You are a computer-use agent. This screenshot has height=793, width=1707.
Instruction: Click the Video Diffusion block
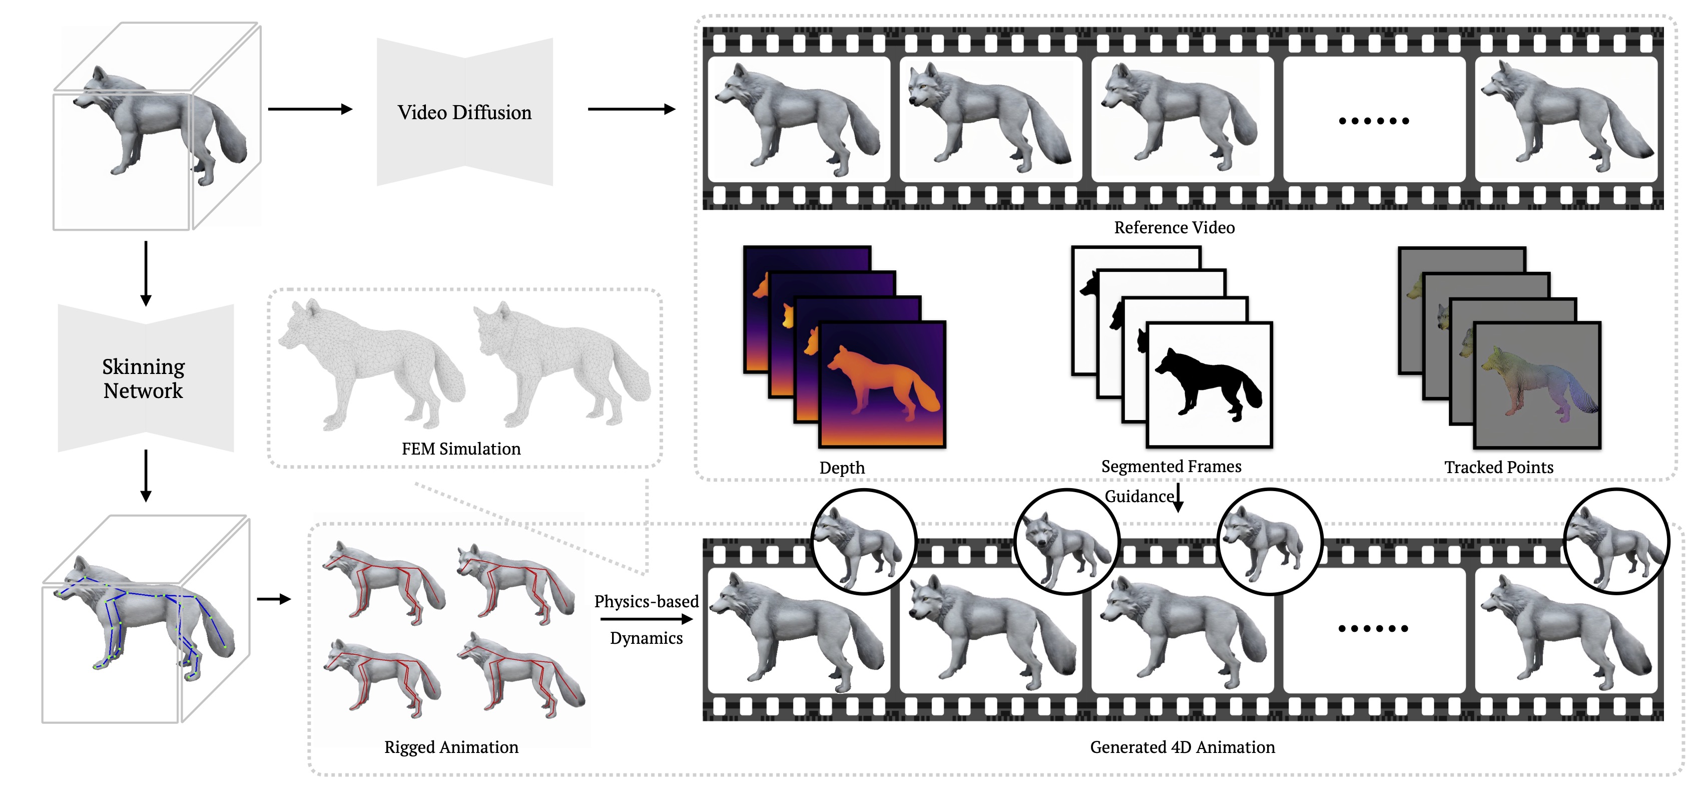464,112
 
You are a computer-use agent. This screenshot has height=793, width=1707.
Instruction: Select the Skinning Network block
145,378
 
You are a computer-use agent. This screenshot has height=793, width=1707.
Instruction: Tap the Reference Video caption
1174,227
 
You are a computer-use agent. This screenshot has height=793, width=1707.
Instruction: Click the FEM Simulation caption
461,449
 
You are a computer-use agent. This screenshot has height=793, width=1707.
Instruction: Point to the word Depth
842,468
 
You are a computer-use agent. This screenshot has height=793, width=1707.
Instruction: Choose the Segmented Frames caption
1171,466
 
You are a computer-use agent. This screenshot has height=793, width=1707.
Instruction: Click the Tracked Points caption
1498,468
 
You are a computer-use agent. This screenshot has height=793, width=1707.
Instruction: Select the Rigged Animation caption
451,747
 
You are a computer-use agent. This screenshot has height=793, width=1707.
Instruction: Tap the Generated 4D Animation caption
1182,747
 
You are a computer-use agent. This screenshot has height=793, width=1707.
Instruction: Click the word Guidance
1139,496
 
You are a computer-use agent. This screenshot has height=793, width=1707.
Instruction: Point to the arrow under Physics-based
646,619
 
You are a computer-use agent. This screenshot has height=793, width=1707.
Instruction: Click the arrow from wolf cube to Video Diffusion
309,110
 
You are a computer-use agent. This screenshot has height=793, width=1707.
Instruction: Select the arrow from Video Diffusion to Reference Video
631,110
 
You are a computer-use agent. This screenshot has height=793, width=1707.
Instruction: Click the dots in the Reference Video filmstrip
1374,121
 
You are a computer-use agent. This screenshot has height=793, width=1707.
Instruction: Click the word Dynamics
646,638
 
